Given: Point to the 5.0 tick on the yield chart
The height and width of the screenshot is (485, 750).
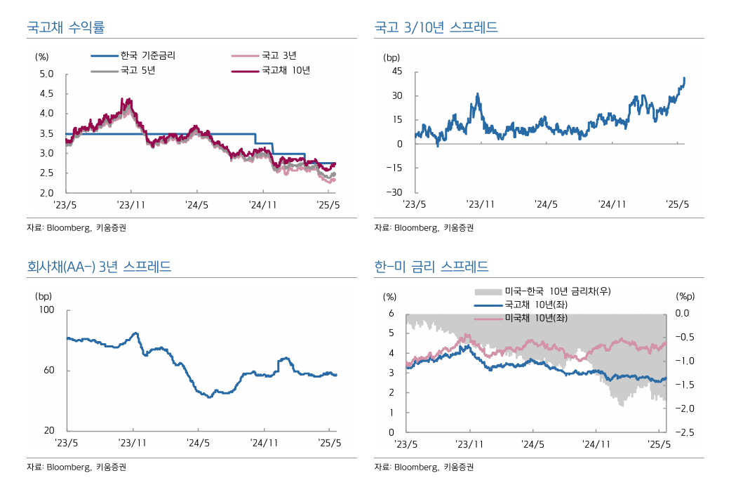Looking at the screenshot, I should pos(46,74).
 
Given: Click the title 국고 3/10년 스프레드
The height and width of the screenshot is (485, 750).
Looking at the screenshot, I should pos(436,27).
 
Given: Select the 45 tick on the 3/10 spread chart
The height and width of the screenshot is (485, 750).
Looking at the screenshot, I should pos(397,72).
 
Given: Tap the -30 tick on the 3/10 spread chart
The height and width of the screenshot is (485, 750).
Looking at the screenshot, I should pos(395,192).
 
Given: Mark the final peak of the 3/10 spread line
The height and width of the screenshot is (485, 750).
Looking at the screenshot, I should pos(684,78).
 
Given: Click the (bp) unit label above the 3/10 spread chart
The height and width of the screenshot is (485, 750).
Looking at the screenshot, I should pos(391,57).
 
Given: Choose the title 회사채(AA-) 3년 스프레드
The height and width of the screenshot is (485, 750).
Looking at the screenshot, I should pos(98,267).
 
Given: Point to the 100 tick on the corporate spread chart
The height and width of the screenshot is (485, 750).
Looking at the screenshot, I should pos(46,310).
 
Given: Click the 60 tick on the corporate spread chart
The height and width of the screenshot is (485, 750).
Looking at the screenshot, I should pos(48,370).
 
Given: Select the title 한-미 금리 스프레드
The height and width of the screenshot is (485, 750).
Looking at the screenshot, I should pos(431,267).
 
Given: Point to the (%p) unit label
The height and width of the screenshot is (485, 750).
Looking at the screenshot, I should pos(685,297).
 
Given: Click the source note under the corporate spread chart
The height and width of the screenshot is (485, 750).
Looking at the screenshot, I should pos(76,467).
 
